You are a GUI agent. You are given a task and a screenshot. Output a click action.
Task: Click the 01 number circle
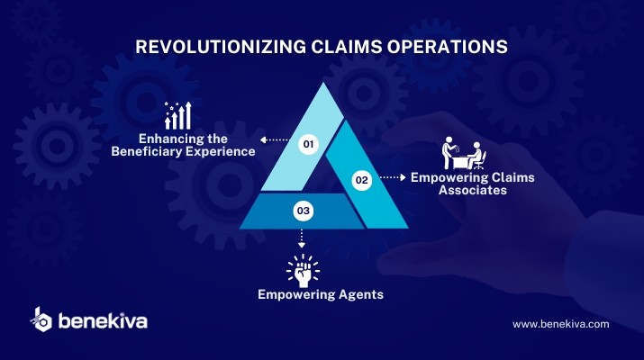(307, 143)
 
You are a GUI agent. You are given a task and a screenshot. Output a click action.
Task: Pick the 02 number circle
(361, 180)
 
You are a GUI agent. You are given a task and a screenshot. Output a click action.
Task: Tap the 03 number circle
(304, 211)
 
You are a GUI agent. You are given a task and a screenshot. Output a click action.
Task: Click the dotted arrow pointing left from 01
(276, 140)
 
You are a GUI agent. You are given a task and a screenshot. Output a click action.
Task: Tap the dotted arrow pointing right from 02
(391, 178)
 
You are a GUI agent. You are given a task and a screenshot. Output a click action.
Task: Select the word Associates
(472, 191)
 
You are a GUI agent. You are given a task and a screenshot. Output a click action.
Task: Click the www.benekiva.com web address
(561, 323)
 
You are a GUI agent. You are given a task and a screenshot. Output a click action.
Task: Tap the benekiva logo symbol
(41, 319)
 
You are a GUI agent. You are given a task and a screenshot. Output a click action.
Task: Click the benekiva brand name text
(102, 320)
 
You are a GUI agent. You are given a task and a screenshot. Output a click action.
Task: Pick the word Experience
(222, 152)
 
